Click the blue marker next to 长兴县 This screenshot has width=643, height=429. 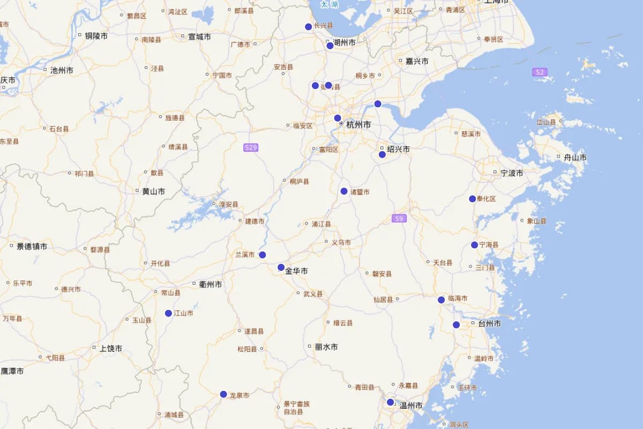coord(309,27)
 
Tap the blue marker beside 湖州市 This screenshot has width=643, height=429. coord(330,46)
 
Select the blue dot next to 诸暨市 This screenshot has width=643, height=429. coord(344,191)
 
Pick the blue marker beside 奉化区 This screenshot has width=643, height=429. coord(472,199)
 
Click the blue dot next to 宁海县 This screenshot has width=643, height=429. coord(474,245)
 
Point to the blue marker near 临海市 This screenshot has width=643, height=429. coord(441,300)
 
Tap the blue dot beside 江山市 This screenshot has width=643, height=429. coord(168,313)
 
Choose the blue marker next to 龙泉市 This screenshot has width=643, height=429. coord(223,394)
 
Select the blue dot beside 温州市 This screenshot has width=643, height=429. coord(390,402)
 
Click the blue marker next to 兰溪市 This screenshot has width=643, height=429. coord(263,255)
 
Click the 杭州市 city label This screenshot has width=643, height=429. coord(358,124)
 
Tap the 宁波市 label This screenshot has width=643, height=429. coord(512,173)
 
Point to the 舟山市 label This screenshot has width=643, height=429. coord(575,158)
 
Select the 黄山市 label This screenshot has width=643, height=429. coord(153,191)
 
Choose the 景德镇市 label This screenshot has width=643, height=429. coord(32,247)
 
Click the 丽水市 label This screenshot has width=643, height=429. coord(326,347)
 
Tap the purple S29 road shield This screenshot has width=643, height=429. coord(251,147)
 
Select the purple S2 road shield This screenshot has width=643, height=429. coord(540,72)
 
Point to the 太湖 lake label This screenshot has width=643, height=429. coord(329,4)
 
